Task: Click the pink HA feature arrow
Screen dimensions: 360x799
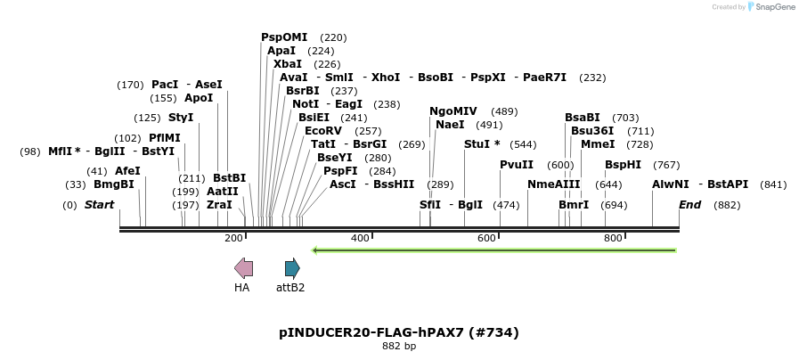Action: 243,267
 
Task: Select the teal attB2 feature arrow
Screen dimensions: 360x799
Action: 292,267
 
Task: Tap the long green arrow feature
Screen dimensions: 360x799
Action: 493,250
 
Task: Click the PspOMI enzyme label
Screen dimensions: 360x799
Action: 284,37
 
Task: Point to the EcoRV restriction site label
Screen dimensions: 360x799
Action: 322,130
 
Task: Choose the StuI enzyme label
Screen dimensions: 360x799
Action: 478,143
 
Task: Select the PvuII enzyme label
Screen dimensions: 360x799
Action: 517,164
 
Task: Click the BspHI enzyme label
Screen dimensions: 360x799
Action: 623,164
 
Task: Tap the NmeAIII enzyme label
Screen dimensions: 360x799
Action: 553,184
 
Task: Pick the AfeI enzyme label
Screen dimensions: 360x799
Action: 127,171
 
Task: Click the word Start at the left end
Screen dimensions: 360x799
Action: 99,205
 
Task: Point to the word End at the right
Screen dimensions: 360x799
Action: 690,205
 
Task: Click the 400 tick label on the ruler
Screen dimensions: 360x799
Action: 360,238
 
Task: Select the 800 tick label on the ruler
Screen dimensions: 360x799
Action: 613,238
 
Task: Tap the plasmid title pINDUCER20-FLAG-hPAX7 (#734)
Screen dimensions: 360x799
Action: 398,332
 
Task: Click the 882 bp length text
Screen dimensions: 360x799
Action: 398,347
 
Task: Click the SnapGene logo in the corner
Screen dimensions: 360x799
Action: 771,6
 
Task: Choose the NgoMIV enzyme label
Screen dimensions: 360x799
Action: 453,111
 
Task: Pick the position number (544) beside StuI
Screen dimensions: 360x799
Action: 523,144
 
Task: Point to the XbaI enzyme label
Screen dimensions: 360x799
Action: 288,64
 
